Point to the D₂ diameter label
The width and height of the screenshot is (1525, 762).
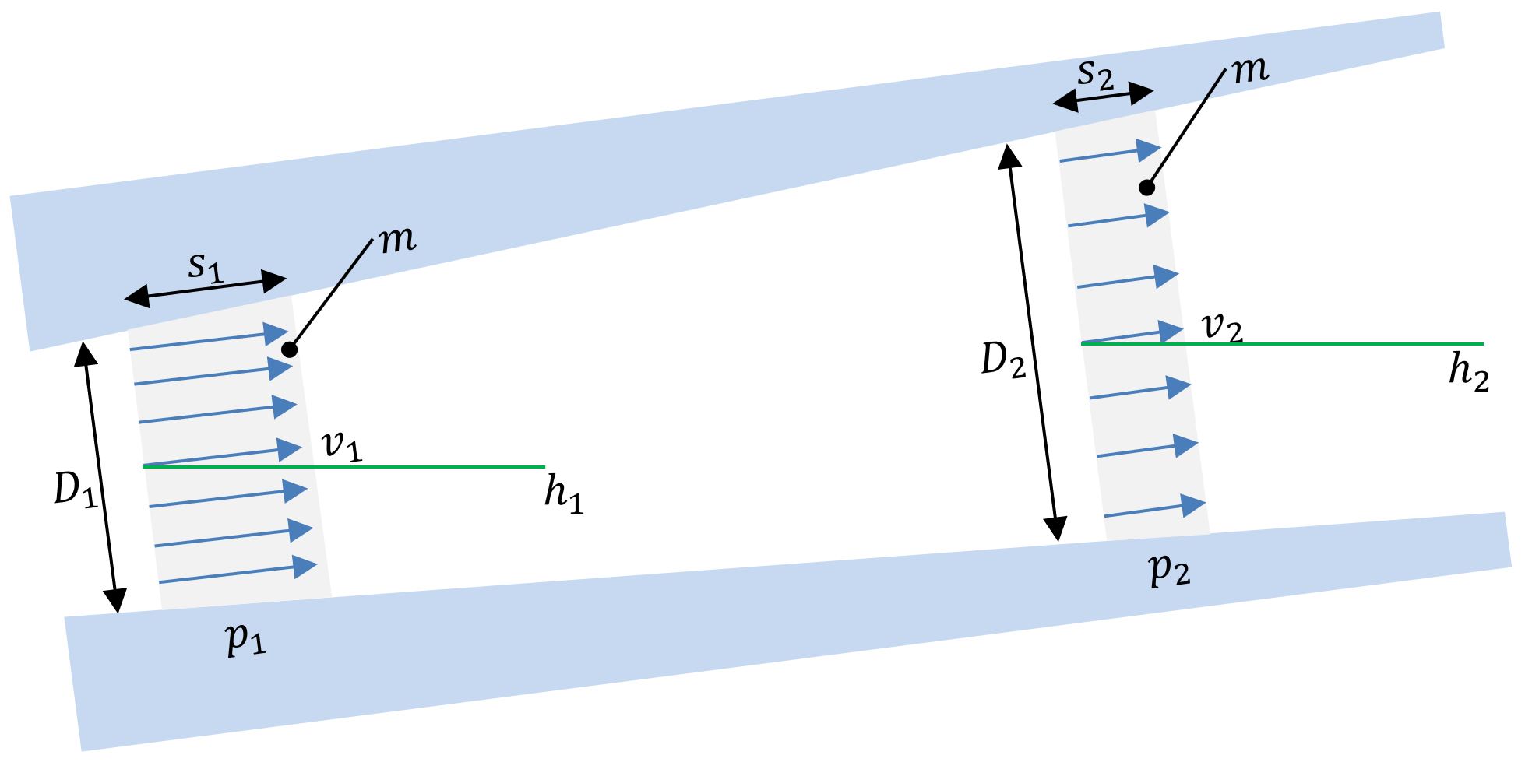coord(1002,361)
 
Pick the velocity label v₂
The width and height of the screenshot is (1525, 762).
coord(1222,330)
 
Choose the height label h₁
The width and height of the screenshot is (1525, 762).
coord(563,497)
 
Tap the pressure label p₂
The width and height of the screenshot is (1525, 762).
coord(1171,572)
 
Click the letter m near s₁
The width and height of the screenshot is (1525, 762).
coord(398,241)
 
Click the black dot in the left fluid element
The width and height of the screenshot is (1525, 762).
coord(290,349)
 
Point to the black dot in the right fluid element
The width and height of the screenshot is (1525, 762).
coord(1146,188)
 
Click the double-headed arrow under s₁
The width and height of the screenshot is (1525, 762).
coord(206,287)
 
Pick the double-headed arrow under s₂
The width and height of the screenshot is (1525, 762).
coord(1101,97)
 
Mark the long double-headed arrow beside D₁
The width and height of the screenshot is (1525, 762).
coord(100,478)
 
